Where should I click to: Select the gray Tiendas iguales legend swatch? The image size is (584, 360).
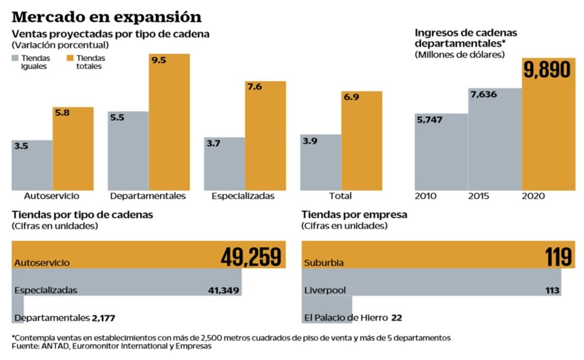(x=15, y=58)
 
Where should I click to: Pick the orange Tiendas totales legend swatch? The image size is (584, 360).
(x=70, y=58)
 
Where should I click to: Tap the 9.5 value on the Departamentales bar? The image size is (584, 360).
(x=159, y=61)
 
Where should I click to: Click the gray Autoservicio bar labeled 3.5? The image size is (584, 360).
(x=32, y=165)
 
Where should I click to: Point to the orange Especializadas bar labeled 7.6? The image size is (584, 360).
(x=265, y=135)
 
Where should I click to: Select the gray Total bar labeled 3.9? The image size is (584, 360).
(x=320, y=162)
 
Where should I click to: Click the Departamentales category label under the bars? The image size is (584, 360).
(x=147, y=196)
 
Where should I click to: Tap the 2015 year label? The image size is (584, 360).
(x=479, y=196)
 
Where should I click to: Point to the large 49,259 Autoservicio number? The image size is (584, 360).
(x=251, y=257)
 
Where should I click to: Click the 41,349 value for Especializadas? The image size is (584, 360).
(x=223, y=290)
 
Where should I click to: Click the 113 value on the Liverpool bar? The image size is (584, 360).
(x=553, y=290)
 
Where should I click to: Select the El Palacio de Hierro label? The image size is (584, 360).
(x=345, y=317)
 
